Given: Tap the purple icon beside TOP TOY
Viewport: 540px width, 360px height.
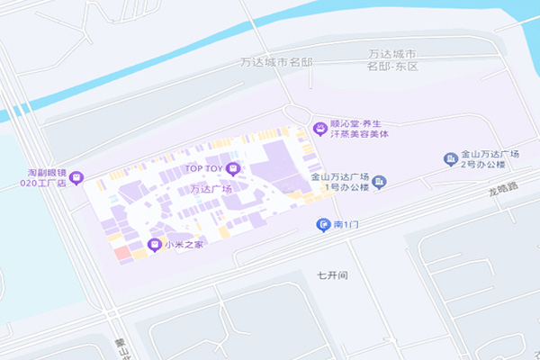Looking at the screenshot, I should (x=233, y=168).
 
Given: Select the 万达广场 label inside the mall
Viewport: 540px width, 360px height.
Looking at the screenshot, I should (x=211, y=189).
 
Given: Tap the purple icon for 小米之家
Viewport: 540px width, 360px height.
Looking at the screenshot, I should (x=153, y=245).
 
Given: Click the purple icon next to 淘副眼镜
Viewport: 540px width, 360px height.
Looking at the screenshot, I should (x=76, y=176).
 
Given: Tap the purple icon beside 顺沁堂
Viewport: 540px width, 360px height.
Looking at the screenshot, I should (x=319, y=129).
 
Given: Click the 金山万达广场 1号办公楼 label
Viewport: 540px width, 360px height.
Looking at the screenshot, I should (x=341, y=182).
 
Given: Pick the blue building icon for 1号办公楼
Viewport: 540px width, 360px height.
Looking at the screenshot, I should (x=379, y=183).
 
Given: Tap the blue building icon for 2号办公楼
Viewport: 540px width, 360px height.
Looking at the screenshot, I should (x=451, y=159).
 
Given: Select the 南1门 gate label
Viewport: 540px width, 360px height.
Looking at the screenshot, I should (x=346, y=224).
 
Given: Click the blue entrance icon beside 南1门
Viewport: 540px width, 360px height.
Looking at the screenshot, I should (x=323, y=224).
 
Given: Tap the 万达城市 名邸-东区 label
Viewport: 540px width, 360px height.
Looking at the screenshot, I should (x=394, y=61).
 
